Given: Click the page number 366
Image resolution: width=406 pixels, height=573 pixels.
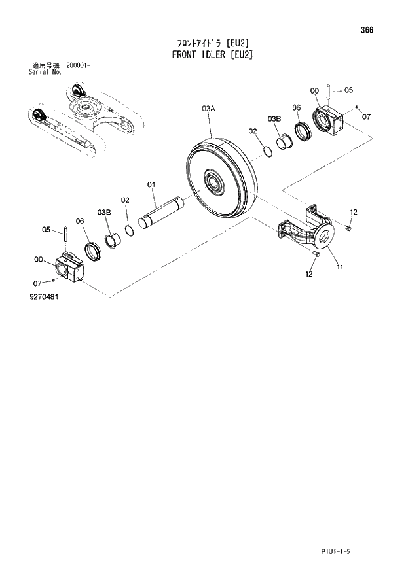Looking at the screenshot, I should click(375, 29).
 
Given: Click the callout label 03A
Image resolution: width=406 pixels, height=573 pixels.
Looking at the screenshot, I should click(208, 107).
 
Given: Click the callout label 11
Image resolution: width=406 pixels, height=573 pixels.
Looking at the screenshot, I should click(340, 267).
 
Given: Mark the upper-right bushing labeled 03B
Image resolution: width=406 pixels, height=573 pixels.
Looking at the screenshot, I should click(284, 142).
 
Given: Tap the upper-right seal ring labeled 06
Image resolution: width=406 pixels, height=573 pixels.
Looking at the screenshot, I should click(303, 131).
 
